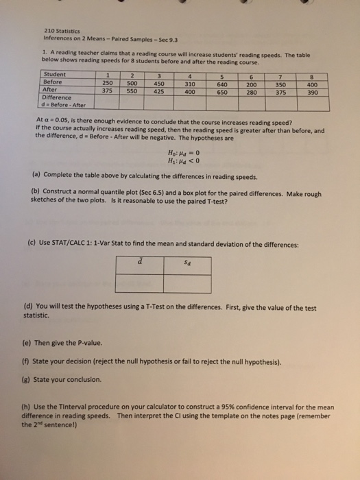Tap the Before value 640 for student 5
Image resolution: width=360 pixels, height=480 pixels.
point(224,82)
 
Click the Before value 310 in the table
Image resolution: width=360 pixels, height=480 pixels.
point(190,82)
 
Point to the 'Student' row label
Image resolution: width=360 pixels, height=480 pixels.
point(54,74)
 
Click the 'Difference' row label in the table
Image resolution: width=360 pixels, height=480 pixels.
point(58,98)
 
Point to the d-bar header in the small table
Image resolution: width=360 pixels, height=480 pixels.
point(141,258)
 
